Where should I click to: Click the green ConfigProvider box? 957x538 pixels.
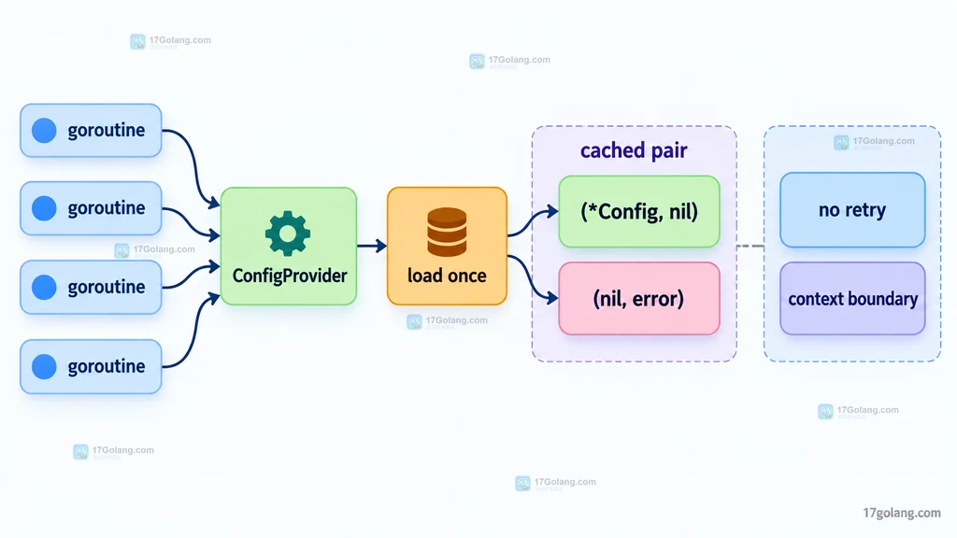click(289, 246)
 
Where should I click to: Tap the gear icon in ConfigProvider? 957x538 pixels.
click(288, 234)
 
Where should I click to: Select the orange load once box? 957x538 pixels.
click(447, 246)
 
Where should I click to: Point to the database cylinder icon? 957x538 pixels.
click(447, 232)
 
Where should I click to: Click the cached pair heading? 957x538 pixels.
click(634, 150)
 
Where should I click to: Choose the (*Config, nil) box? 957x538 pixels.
click(639, 212)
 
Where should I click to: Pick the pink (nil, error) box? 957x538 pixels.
click(639, 298)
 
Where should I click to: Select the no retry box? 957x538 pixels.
click(852, 210)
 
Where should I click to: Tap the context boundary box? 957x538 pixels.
click(852, 298)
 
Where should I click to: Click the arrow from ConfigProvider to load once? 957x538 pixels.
click(372, 246)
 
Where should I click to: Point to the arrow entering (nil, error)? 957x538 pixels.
click(532, 278)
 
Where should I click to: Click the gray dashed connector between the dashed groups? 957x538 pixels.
click(750, 247)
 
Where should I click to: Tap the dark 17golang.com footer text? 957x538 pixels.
click(902, 513)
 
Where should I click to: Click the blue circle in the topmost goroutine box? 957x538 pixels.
click(44, 131)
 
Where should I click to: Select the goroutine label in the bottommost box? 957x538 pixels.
click(107, 366)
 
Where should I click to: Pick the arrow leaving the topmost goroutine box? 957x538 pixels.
click(194, 163)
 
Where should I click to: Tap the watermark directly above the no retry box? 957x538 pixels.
click(875, 142)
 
